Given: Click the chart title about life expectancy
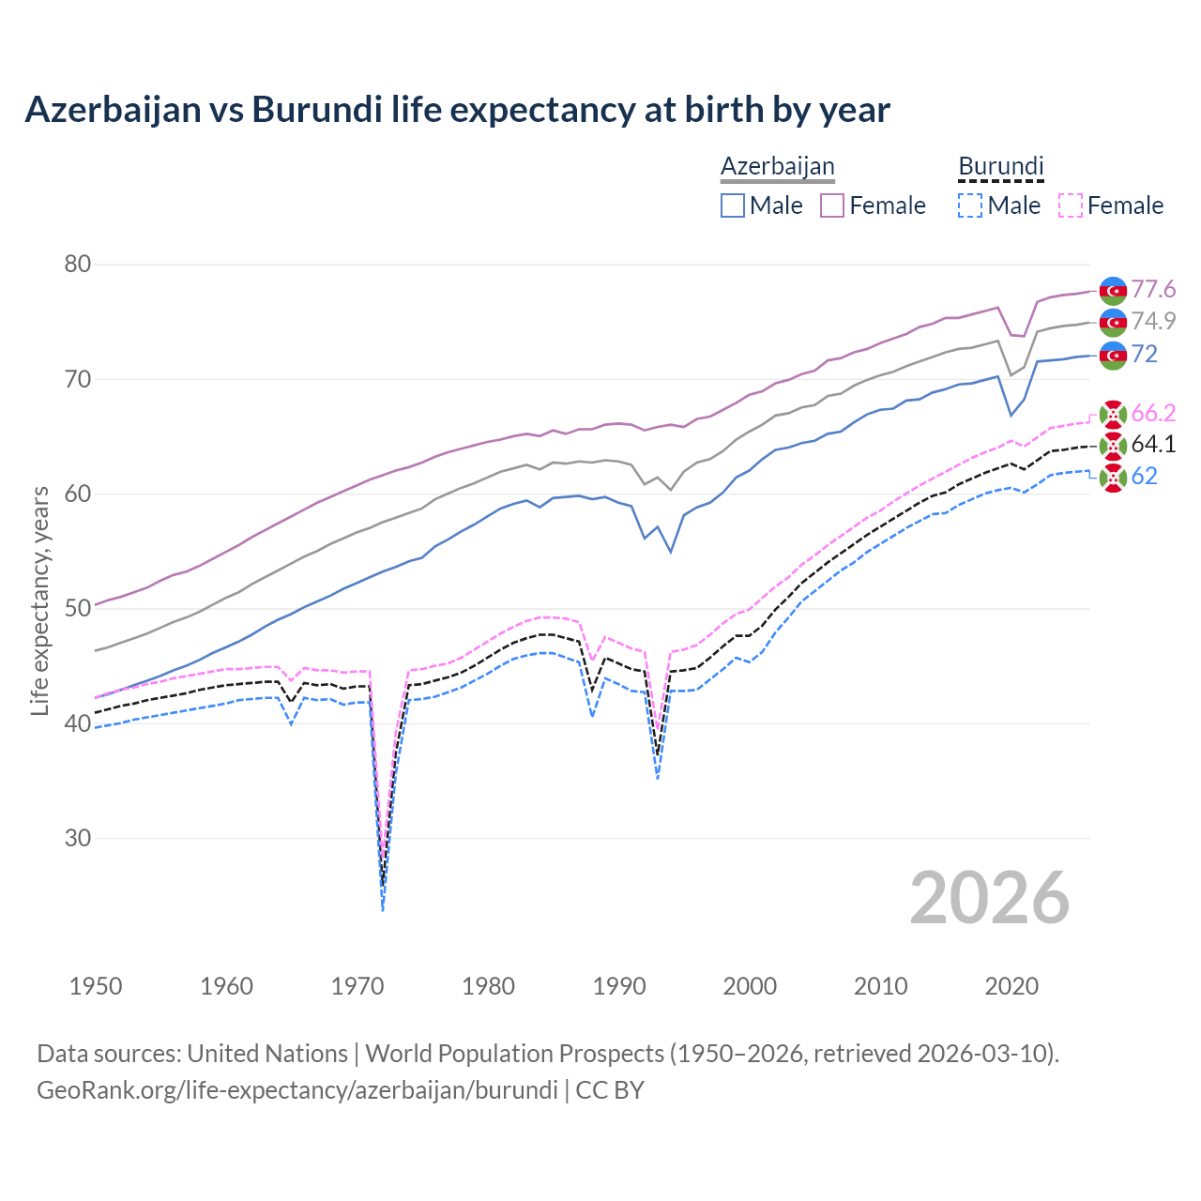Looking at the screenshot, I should [x=457, y=110].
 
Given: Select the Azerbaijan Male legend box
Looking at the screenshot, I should [x=733, y=205].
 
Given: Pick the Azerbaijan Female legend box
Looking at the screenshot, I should [x=832, y=205].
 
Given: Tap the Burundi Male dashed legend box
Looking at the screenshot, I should [x=970, y=205].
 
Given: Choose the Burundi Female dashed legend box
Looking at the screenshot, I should [x=1070, y=205].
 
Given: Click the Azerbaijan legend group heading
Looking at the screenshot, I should [x=777, y=166].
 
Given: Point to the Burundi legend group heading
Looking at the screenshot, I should [x=1000, y=166].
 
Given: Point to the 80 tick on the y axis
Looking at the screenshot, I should [x=78, y=265].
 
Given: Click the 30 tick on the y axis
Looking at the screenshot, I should [x=78, y=838].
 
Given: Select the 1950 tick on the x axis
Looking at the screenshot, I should [x=96, y=986].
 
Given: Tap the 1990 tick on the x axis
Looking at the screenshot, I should [x=619, y=986].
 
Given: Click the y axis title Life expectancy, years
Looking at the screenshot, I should [x=39, y=600].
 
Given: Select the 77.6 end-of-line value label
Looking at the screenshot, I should [x=1153, y=290].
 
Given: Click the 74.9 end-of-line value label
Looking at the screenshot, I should [x=1153, y=322].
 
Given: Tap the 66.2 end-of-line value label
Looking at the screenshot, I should [x=1153, y=414].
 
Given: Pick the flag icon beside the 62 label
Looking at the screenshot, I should [x=1113, y=478].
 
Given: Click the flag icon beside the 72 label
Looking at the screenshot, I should [x=1113, y=356].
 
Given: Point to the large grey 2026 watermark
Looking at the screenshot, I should [x=990, y=898].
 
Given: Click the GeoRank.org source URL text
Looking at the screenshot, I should [x=296, y=1090].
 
